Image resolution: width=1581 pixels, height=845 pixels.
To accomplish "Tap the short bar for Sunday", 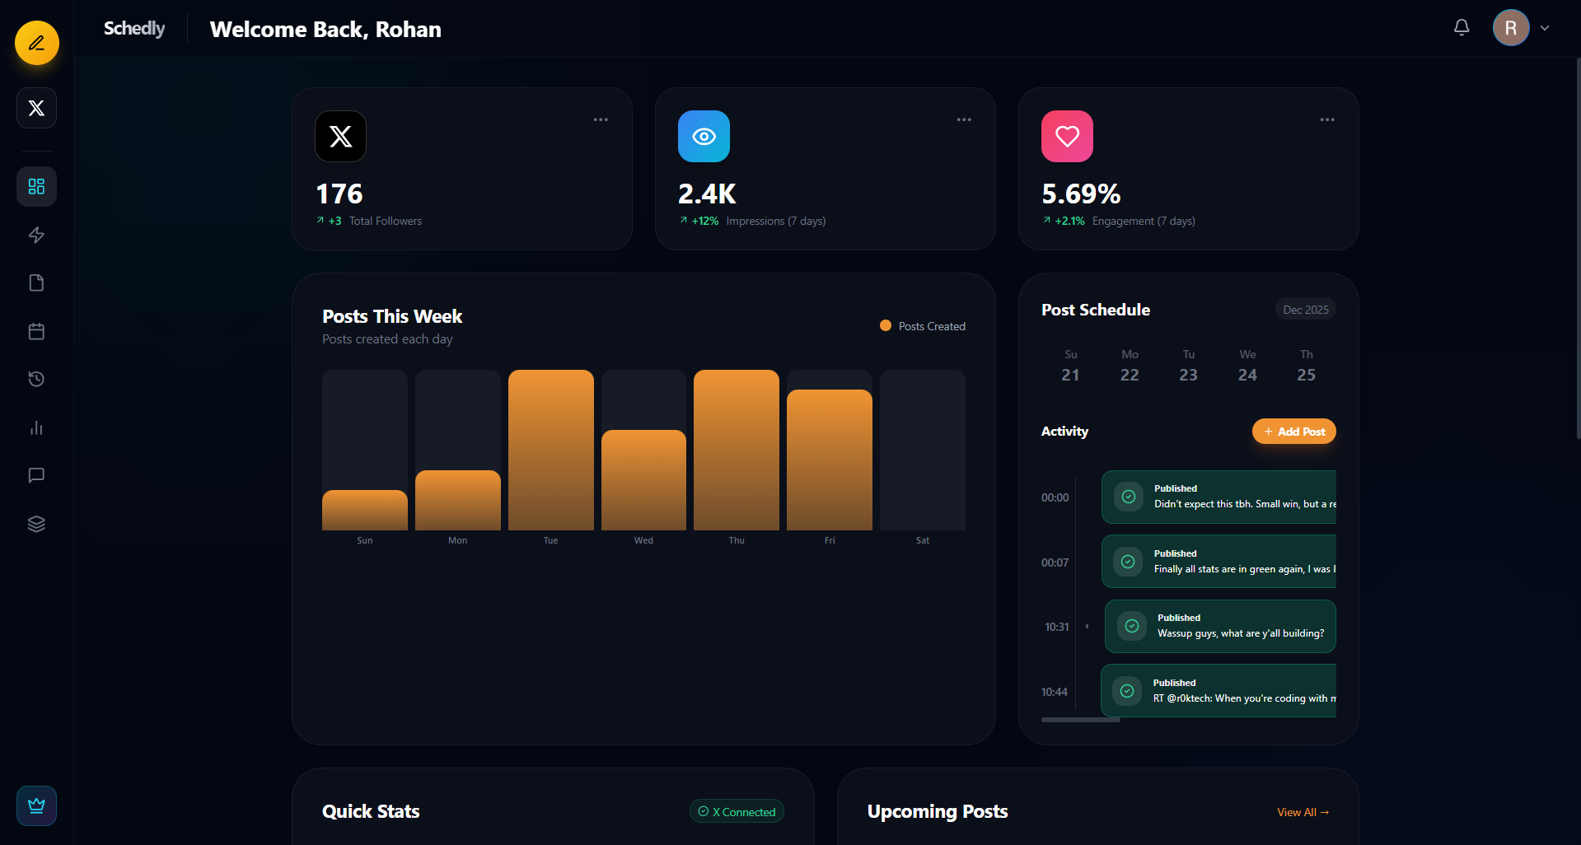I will coord(364,510).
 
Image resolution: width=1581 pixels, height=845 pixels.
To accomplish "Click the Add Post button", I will coord(1293,432).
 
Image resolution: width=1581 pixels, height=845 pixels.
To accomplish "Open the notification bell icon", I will coord(1462,28).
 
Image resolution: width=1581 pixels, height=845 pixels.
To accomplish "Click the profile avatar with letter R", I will coord(1510,28).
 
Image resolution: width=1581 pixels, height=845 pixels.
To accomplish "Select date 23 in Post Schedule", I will coord(1188,375).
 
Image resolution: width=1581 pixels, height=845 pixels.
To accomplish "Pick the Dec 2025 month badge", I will coord(1305,310).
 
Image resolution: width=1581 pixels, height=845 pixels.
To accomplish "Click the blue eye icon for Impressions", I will coord(704,137).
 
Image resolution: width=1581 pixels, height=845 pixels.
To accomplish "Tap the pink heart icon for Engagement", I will coord(1067,137).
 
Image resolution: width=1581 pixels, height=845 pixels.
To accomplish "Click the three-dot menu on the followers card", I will coord(601,119).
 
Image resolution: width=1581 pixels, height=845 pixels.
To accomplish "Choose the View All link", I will coord(1303,812).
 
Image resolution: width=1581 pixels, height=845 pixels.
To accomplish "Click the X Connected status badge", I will coord(737,812).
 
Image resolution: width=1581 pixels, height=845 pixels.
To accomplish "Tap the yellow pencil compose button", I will coord(37,43).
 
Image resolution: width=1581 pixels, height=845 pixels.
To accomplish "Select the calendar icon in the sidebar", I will coord(36,331).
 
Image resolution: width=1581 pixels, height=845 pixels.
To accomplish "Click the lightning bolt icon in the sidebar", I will coord(36,235).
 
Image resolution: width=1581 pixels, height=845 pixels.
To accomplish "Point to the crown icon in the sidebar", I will coord(36,805).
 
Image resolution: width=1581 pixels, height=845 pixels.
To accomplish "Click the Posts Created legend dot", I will coord(886,325).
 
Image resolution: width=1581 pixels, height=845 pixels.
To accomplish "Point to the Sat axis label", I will coord(922,540).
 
